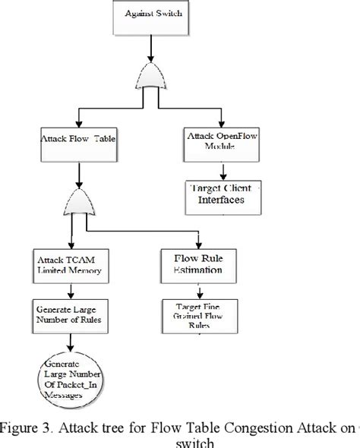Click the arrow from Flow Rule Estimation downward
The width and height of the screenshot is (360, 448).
coord(199,289)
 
